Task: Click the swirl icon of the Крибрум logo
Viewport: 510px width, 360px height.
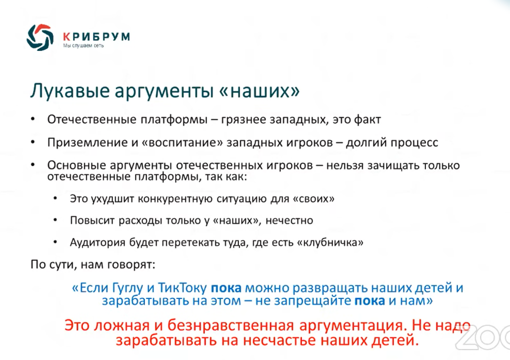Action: tap(40, 37)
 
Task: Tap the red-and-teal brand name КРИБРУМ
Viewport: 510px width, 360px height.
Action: tap(96, 36)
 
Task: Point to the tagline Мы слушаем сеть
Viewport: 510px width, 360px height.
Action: tap(83, 46)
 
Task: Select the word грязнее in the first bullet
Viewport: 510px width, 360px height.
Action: tap(243, 120)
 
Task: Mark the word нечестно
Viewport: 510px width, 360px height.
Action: tap(289, 220)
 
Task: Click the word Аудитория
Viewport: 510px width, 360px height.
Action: tap(97, 242)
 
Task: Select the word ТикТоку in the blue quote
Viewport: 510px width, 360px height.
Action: tap(182, 288)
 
